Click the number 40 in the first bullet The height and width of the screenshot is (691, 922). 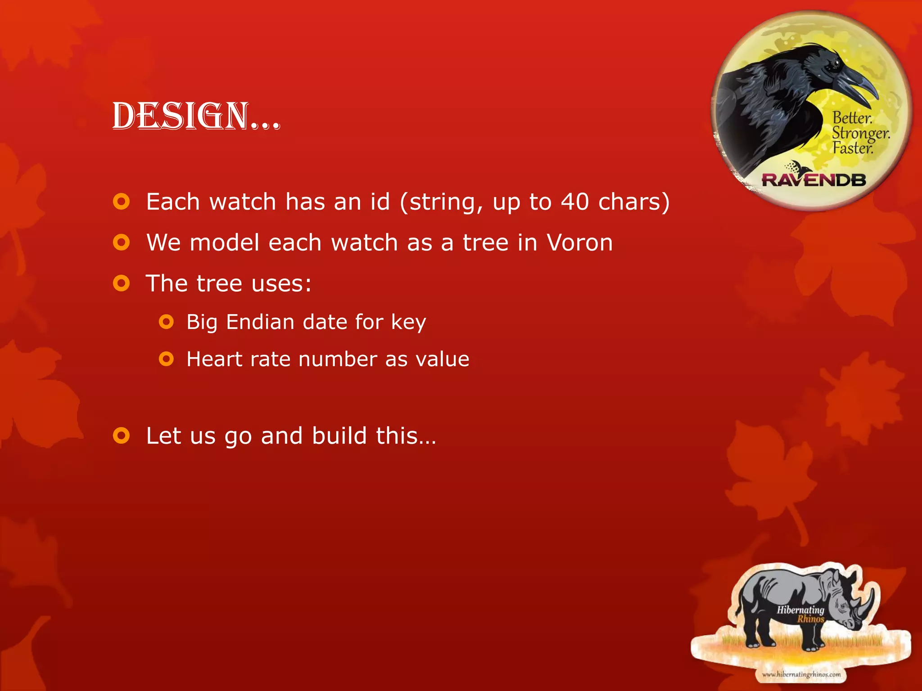pos(574,202)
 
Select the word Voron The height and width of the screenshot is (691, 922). pos(579,243)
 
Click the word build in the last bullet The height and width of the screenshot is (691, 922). pos(339,436)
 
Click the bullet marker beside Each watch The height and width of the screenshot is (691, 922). pos(122,202)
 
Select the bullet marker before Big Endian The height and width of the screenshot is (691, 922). pos(166,322)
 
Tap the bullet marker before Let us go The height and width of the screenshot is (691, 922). pos(122,436)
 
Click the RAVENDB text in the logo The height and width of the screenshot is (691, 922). pos(814,180)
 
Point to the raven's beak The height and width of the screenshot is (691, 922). pos(855,85)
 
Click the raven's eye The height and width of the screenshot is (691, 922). pos(835,63)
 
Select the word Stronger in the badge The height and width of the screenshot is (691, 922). pos(860,134)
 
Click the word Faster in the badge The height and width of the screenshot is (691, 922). pos(852,148)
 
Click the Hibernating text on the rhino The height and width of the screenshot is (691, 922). pos(800,610)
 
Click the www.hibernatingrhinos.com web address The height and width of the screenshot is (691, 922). pos(801,674)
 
